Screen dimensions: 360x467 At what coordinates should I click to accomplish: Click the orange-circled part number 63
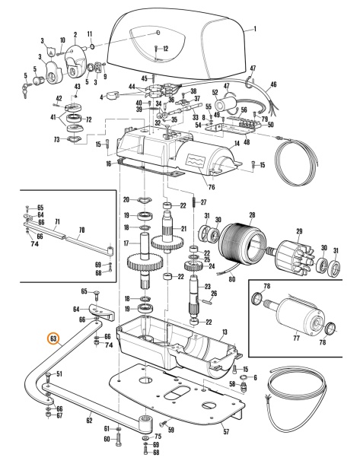point(53,338)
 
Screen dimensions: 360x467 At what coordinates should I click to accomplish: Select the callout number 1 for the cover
point(255,29)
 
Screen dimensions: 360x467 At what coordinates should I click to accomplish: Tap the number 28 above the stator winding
point(252,214)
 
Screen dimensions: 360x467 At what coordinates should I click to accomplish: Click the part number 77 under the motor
point(296,338)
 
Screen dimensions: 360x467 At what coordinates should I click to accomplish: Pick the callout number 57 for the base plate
point(227,431)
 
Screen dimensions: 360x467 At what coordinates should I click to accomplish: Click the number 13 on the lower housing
point(225,332)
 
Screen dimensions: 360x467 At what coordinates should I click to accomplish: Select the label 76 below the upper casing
point(212,187)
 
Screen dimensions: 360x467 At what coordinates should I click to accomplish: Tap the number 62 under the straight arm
point(89,421)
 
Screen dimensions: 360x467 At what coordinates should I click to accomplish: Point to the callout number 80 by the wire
point(232,279)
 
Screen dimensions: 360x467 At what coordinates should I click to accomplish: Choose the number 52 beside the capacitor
point(215,93)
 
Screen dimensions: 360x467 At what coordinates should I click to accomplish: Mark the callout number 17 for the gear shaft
point(126,243)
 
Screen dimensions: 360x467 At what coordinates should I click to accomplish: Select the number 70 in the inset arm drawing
point(81,230)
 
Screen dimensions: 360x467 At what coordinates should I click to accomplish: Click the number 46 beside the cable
point(273,84)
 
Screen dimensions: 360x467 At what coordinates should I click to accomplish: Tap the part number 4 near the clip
point(102,97)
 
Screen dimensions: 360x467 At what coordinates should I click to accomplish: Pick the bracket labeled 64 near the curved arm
point(101,312)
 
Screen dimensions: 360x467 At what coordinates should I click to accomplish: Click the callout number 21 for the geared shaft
point(183,228)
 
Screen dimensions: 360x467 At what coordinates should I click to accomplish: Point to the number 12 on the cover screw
point(166,49)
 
